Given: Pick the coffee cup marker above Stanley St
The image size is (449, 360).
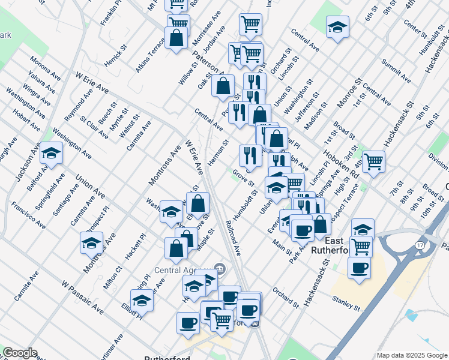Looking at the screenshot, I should pos(359,268).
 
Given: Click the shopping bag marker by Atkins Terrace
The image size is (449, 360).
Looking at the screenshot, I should pos(178,38).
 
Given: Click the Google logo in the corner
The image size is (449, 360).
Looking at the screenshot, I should pos(20,352).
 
